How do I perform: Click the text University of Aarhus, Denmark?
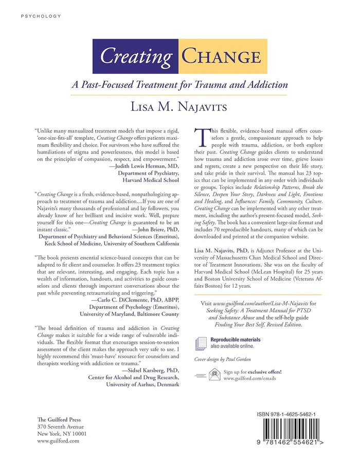(x=142, y=384)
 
